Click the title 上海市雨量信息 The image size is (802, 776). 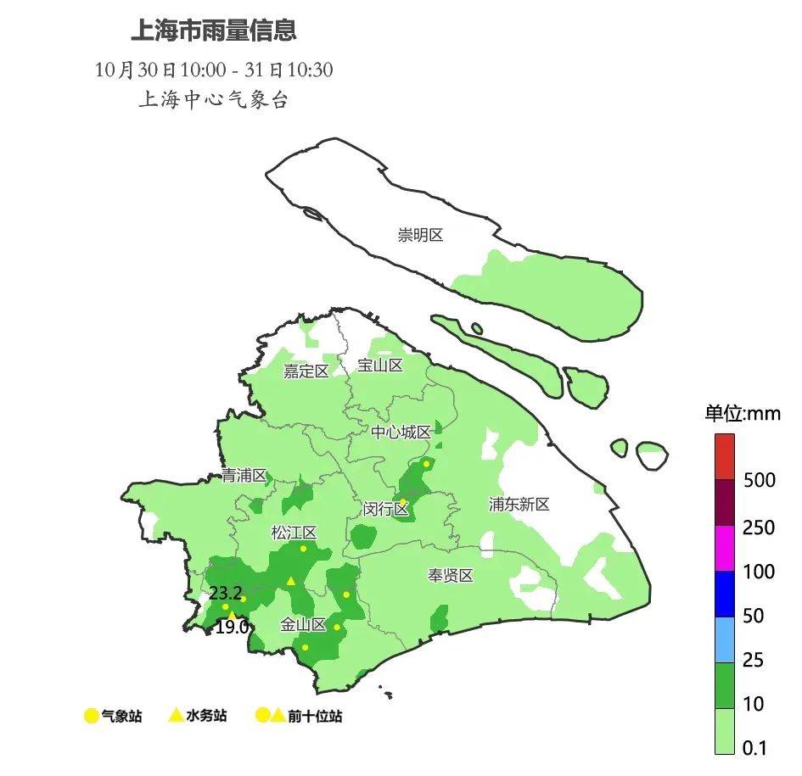click(213, 31)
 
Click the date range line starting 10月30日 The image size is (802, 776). click(214, 70)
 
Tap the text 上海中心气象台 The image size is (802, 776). click(213, 100)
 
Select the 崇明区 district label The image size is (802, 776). click(420, 235)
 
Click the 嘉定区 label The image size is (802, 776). click(306, 371)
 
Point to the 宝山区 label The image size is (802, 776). click(379, 365)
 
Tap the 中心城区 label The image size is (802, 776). click(401, 432)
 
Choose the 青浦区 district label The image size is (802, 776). click(244, 475)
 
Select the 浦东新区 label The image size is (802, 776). click(519, 504)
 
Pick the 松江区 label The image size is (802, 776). click(293, 533)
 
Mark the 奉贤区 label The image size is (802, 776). click(449, 575)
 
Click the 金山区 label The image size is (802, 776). click(303, 624)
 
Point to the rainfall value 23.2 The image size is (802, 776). click(225, 593)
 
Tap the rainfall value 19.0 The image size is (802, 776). click(232, 627)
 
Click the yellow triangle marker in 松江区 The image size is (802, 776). click(290, 581)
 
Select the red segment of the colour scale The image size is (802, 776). click(724, 456)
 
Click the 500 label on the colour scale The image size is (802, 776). click(759, 480)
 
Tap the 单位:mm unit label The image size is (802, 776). click(742, 413)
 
